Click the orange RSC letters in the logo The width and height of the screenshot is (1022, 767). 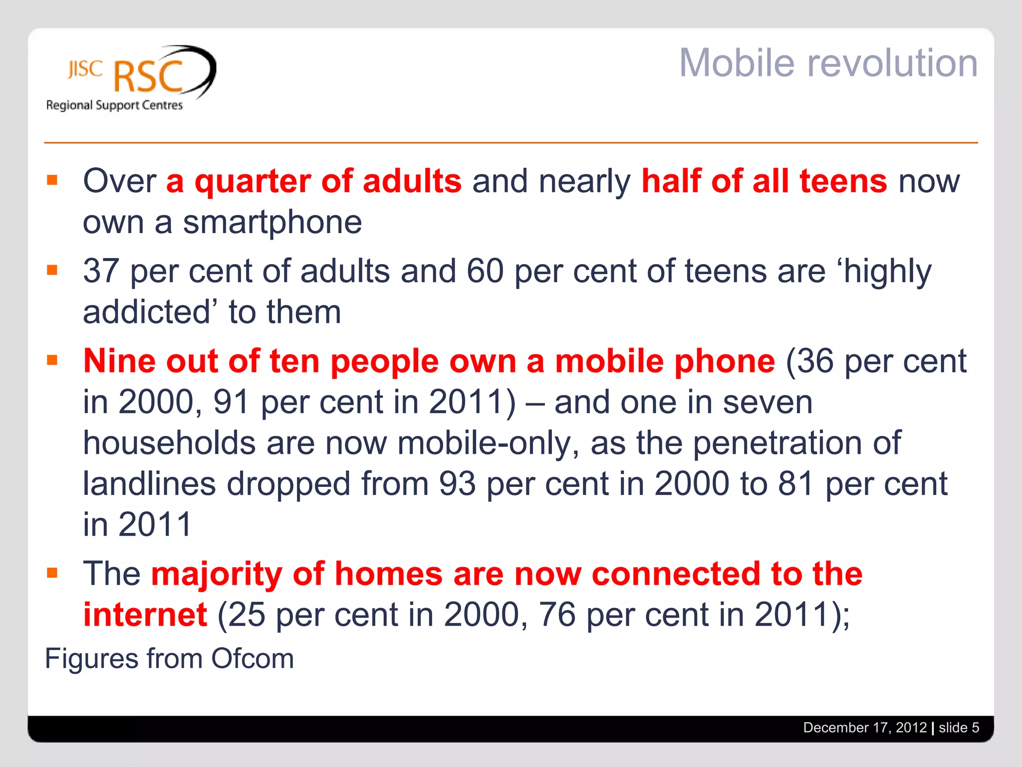tap(148, 77)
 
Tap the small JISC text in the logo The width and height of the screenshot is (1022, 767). tap(85, 69)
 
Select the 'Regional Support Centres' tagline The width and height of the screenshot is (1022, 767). tap(114, 105)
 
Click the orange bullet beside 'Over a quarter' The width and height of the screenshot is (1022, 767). tap(52, 180)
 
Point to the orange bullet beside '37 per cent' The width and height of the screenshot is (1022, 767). tap(52, 270)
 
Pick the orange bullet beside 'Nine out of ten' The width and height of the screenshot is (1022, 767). tap(52, 360)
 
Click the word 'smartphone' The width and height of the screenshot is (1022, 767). tap(272, 222)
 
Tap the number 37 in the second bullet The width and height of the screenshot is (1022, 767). tap(101, 271)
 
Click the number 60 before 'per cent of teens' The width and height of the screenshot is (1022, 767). tap(485, 271)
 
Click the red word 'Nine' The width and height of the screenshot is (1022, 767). tap(119, 361)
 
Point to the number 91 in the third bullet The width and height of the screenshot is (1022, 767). tap(231, 402)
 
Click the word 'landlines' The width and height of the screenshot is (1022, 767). tap(149, 484)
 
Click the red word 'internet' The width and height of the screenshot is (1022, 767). tap(145, 615)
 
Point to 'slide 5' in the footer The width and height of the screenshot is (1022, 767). tap(959, 728)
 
